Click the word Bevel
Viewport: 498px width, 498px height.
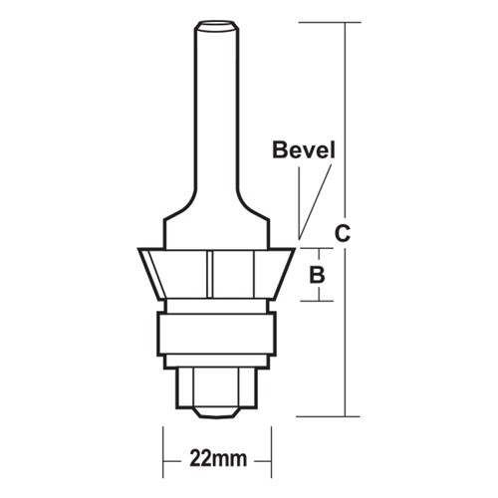pyautogui.click(x=305, y=151)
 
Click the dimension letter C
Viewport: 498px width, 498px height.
pyautogui.click(x=342, y=235)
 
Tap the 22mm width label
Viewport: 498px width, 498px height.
pyautogui.click(x=216, y=460)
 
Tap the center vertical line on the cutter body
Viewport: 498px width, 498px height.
pyautogui.click(x=212, y=274)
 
